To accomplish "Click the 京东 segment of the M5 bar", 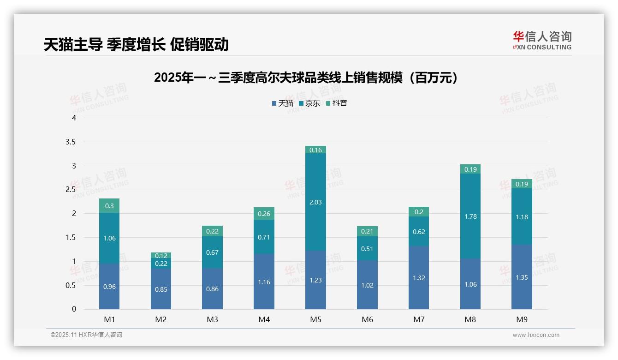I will tap(315, 202).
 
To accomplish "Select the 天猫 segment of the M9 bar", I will tap(522, 277).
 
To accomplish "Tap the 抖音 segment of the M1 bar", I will tap(109, 206).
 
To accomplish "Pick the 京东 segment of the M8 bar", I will tap(470, 216).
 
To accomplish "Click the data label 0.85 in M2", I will tap(161, 289).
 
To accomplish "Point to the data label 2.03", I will tap(315, 202).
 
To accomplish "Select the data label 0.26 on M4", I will tap(264, 214).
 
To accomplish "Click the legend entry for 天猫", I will tap(283, 103).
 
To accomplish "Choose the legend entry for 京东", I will tap(309, 103).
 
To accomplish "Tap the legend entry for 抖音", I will tap(337, 103).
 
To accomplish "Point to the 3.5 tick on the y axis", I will tap(71, 142).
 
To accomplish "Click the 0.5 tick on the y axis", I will tap(71, 285).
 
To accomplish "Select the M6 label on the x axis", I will tap(367, 319).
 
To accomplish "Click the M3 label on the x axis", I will tap(212, 319).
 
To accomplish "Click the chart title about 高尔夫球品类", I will tap(308, 78).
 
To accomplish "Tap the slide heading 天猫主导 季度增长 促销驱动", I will tap(136, 44).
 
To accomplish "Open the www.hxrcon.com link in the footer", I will tap(536, 335).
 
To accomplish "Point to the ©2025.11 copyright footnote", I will tap(86, 335).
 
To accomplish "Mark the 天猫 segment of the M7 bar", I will tap(419, 278).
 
